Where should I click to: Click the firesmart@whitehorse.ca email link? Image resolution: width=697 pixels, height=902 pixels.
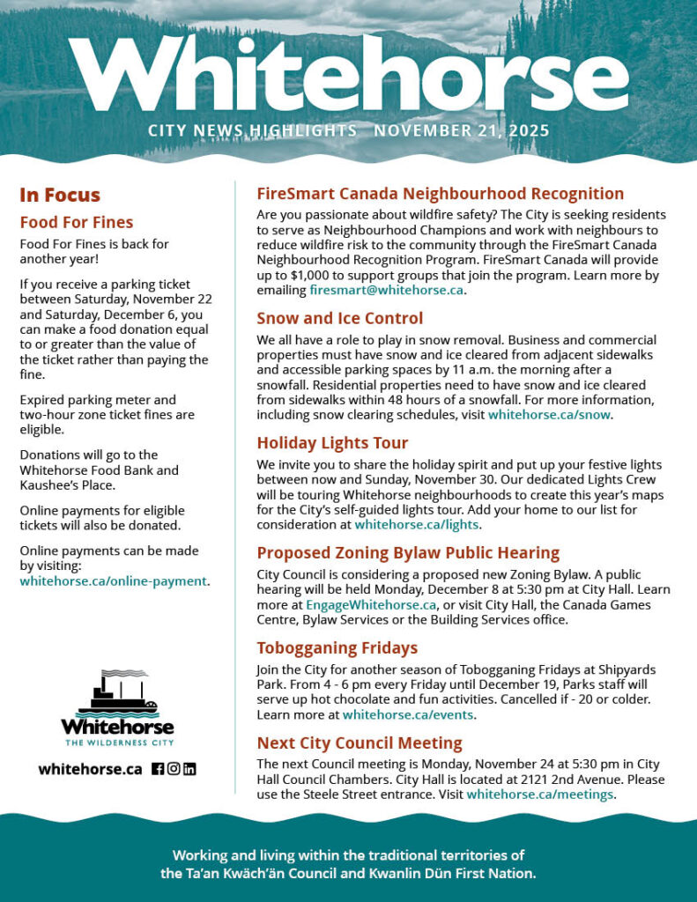click(387, 290)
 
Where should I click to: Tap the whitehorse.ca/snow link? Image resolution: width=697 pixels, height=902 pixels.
click(550, 414)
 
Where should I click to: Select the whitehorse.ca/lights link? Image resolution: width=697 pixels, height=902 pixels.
click(416, 525)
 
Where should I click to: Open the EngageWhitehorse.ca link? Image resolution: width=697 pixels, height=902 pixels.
click(371, 604)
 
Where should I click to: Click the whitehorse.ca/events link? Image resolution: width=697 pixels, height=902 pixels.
click(408, 714)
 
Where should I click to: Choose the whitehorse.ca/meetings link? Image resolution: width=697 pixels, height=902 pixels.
click(539, 795)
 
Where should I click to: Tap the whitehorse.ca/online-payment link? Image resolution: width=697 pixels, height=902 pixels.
click(113, 581)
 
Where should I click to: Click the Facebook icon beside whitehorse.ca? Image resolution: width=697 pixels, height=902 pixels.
click(158, 769)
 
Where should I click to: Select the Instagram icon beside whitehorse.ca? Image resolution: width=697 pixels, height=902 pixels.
click(174, 769)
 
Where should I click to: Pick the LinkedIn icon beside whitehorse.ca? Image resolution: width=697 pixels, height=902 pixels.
click(189, 769)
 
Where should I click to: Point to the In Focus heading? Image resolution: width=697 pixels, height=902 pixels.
click(60, 196)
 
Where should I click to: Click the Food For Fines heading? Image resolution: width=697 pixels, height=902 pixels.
click(77, 222)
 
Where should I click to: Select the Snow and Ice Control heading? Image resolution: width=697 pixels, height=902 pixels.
click(339, 318)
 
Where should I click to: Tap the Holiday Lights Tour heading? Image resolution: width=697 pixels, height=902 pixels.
click(332, 442)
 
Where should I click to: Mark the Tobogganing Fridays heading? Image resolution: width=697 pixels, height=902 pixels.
click(337, 648)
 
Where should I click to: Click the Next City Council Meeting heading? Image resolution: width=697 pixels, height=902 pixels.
click(359, 743)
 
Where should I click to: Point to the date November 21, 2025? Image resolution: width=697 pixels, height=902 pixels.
click(461, 131)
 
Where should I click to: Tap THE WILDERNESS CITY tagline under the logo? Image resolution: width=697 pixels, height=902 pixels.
click(117, 743)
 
